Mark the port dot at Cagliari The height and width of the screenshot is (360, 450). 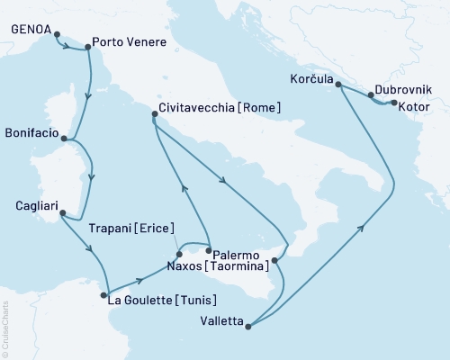click(61, 212)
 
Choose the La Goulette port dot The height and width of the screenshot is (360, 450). click(106, 292)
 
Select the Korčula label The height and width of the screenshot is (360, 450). click(310, 79)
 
